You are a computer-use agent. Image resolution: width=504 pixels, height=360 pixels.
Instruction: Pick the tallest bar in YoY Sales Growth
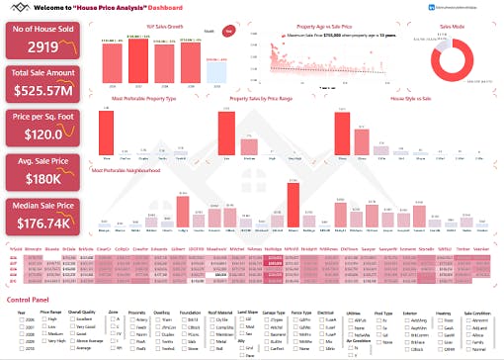pos(139,64)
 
